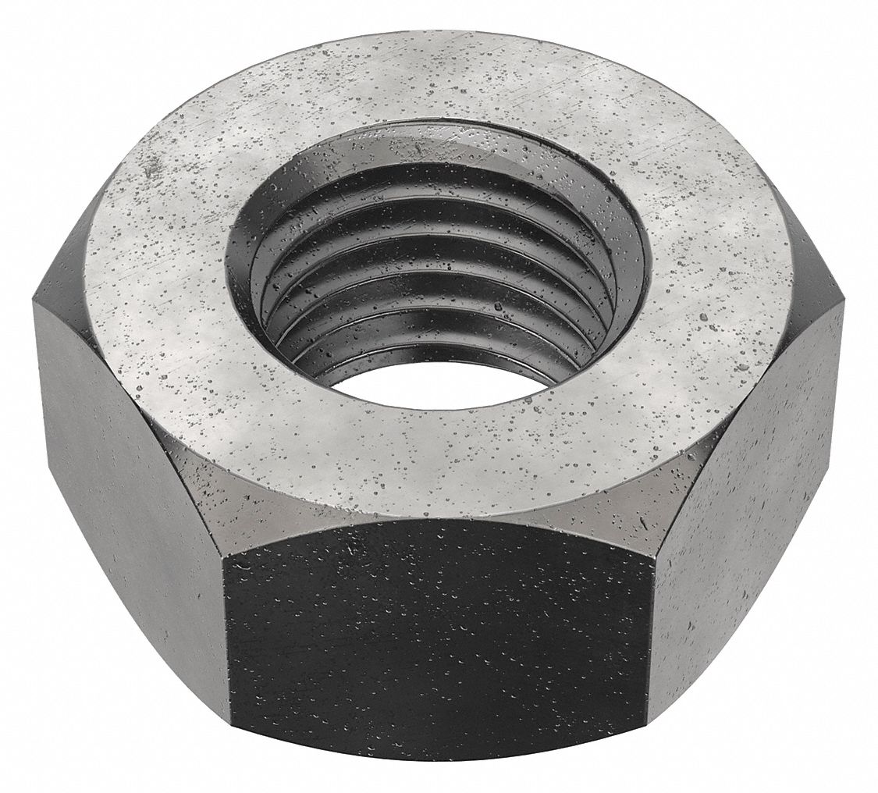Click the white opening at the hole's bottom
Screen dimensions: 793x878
(x=437, y=383)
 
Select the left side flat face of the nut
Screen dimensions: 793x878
(x=129, y=500)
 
